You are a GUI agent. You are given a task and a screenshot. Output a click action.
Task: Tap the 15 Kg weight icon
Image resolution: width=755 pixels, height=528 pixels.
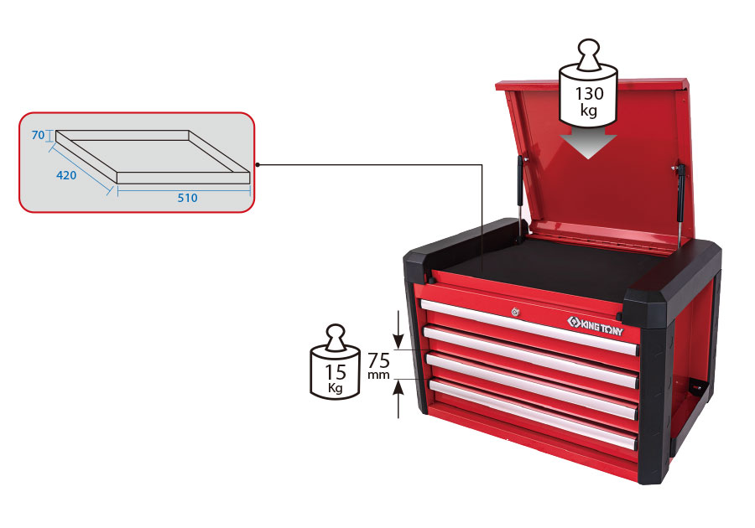335,362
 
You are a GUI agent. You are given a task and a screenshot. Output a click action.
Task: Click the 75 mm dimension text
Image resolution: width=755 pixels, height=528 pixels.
378,366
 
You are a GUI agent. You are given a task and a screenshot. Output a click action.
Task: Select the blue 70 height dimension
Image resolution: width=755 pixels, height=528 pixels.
38,135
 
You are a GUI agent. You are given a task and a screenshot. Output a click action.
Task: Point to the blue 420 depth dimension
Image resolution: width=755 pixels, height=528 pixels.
66,175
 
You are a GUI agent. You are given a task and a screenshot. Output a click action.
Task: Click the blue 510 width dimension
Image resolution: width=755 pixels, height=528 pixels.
187,198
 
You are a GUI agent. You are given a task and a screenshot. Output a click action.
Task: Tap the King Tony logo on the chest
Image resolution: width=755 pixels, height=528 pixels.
595,326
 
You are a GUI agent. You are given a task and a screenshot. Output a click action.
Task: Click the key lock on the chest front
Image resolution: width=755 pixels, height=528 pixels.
516,312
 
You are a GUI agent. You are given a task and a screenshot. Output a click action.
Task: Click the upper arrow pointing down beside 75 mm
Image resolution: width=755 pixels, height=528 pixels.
398,330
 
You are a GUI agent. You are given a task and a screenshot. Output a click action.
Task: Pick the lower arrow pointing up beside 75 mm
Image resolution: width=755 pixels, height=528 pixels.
398,399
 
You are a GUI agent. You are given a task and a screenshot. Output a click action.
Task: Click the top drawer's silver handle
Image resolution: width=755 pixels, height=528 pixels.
529,327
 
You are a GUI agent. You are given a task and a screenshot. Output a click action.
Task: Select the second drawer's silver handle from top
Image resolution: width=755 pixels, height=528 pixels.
531,357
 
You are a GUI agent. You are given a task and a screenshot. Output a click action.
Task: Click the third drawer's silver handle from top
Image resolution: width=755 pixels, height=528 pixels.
532,386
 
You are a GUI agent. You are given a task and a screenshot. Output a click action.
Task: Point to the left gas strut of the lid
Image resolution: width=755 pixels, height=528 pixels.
521,197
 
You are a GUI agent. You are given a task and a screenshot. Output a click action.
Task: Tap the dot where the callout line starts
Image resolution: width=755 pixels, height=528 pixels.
258,165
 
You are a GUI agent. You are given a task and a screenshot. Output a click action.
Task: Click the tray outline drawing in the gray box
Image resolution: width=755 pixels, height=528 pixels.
153,157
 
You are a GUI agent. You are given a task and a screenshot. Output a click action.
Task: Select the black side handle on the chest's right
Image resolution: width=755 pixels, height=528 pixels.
695,386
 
